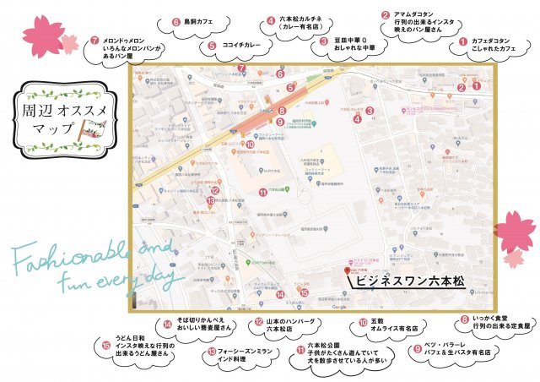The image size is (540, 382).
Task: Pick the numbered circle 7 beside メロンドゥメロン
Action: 95,40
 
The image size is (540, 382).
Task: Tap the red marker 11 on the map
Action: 262,192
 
